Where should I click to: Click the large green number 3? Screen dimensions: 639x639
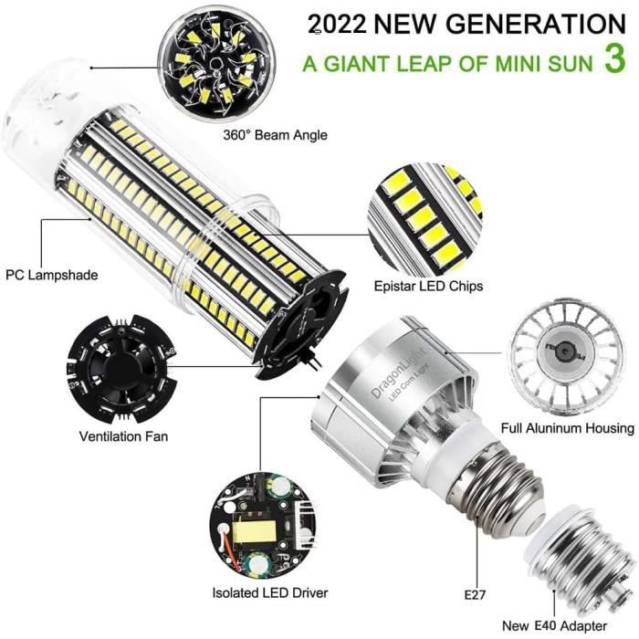(x=614, y=60)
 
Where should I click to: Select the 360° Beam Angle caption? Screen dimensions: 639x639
(x=274, y=135)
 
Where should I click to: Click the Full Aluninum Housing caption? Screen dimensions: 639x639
(x=567, y=428)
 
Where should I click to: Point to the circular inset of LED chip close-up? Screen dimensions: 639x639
(x=425, y=215)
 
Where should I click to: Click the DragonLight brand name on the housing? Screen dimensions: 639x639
(x=378, y=378)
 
